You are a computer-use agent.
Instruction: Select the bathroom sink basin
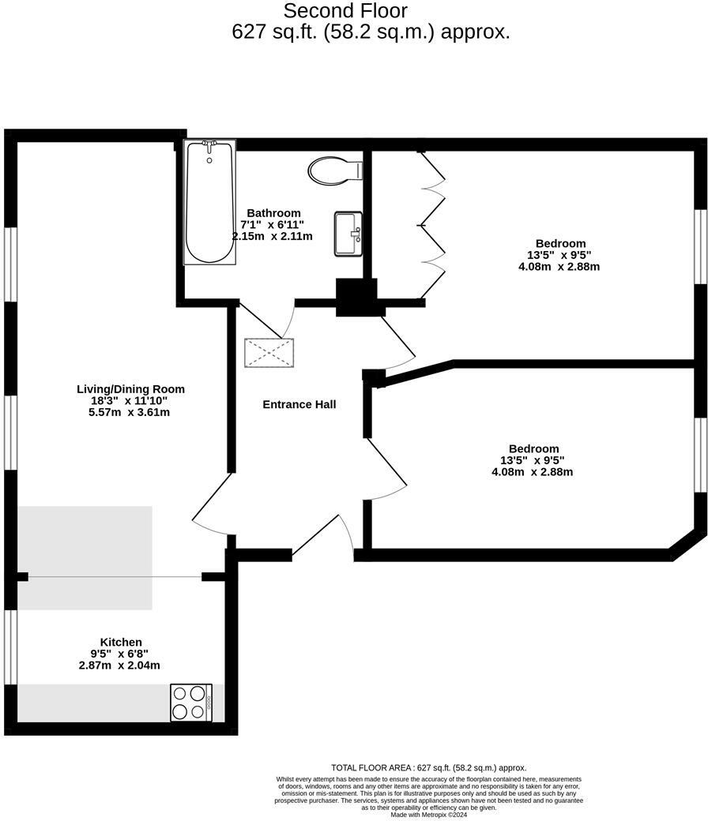[x=348, y=234]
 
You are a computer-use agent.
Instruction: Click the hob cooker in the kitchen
[x=191, y=702]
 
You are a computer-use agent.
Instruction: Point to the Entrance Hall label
[x=299, y=404]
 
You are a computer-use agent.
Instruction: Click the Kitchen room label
[x=121, y=642]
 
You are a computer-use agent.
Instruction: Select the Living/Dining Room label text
[x=130, y=388]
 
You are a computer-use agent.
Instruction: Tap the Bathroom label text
[x=273, y=213]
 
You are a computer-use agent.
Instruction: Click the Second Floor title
[x=345, y=11]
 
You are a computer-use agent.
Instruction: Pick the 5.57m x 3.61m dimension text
[x=130, y=412]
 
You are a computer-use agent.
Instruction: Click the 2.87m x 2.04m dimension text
[x=119, y=665]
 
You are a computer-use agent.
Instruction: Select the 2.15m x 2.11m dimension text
[x=272, y=236]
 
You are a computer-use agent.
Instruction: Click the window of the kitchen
[x=10, y=647]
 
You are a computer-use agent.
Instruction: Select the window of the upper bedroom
[x=700, y=246]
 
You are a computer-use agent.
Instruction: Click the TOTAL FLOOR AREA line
[x=428, y=767]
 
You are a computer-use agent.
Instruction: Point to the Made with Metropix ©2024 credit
[x=428, y=814]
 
